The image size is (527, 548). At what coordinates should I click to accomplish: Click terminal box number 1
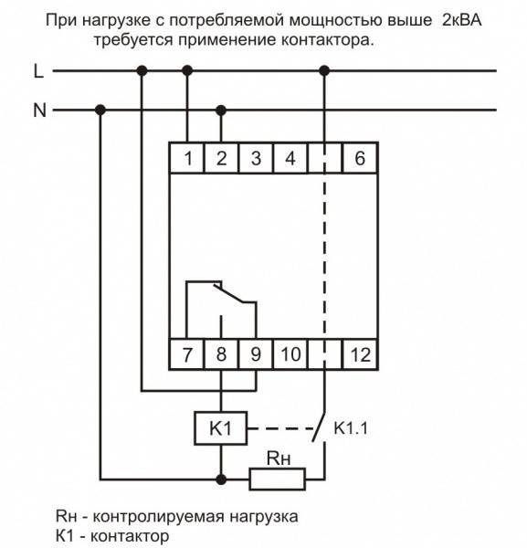pyautogui.click(x=187, y=158)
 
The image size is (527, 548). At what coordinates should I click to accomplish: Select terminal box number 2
pyautogui.click(x=221, y=158)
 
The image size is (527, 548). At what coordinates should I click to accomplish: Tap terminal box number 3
pyautogui.click(x=256, y=158)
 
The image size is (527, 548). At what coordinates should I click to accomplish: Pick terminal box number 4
pyautogui.click(x=290, y=158)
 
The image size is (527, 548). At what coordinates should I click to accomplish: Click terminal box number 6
pyautogui.click(x=360, y=158)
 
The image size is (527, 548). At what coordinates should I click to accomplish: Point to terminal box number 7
pyautogui.click(x=187, y=354)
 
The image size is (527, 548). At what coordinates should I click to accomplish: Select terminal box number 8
pyautogui.click(x=221, y=354)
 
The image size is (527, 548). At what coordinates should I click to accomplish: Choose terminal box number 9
pyautogui.click(x=256, y=354)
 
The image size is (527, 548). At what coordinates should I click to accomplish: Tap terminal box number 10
pyautogui.click(x=290, y=354)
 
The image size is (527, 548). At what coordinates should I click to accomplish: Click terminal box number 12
pyautogui.click(x=360, y=354)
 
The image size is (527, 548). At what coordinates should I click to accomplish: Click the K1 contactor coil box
pyautogui.click(x=221, y=428)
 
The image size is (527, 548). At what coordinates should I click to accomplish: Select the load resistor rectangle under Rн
pyautogui.click(x=278, y=479)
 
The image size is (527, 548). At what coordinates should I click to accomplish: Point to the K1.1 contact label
pyautogui.click(x=351, y=428)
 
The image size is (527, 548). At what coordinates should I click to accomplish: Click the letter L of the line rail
pyautogui.click(x=38, y=71)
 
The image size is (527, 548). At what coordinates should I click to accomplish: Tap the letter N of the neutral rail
pyautogui.click(x=39, y=111)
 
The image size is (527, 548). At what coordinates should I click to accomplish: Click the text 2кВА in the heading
pyautogui.click(x=461, y=20)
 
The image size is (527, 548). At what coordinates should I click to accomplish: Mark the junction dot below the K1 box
pyautogui.click(x=221, y=479)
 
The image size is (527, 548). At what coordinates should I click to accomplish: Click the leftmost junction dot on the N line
pyautogui.click(x=100, y=111)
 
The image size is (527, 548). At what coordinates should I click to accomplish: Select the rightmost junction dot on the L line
pyautogui.click(x=324, y=71)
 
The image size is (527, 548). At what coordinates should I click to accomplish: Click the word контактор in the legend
pyautogui.click(x=130, y=536)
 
